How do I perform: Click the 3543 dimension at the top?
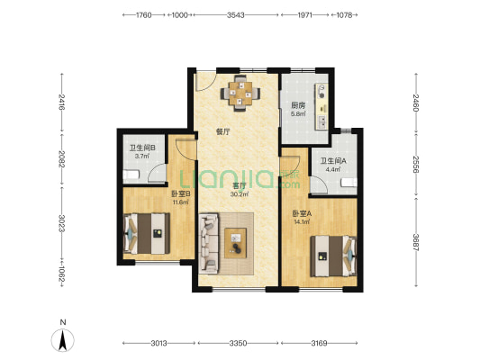click(235, 14)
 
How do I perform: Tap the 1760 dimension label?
click(143, 14)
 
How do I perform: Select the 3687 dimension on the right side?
click(416, 242)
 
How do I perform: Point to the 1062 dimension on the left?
click(62, 274)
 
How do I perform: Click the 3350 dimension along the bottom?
click(238, 343)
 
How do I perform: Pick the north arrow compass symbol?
click(63, 340)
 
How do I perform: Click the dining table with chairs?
click(240, 93)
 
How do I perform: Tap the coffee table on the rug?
click(235, 243)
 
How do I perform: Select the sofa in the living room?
click(208, 243)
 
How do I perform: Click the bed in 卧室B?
click(146, 233)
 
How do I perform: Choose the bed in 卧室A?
click(334, 256)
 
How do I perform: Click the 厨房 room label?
click(298, 106)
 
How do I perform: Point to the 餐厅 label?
click(222, 131)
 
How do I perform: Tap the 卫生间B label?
click(142, 148)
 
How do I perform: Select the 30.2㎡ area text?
click(240, 193)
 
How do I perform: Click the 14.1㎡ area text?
click(303, 221)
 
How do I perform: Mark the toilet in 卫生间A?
click(349, 183)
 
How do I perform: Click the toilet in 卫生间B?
click(131, 175)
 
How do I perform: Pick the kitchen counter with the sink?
click(322, 106)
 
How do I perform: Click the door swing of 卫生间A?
click(320, 185)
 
